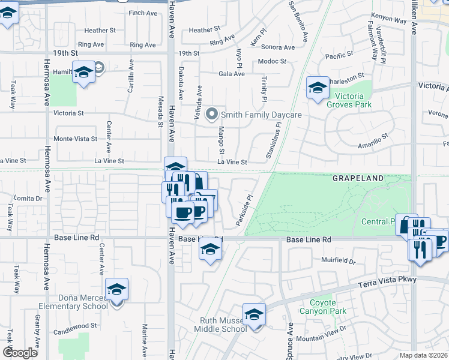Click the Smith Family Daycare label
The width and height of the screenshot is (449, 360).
coord(261,114)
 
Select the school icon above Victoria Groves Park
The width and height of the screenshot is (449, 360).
coord(318,88)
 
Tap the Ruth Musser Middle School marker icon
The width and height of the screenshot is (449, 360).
coord(254,315)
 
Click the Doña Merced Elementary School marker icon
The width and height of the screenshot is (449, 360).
coord(116,290)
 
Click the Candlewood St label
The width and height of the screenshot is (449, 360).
coord(76,325)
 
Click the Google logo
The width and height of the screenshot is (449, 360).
coord(20,353)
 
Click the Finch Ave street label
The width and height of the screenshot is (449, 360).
coord(142,13)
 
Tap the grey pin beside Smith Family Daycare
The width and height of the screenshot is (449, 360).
coord(211,113)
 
